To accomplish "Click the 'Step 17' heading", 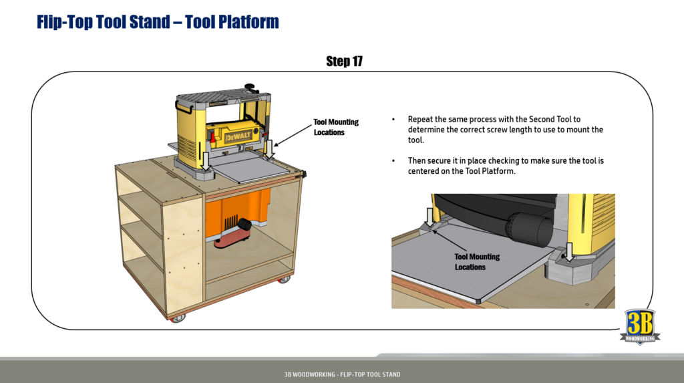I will pyautogui.click(x=344, y=61).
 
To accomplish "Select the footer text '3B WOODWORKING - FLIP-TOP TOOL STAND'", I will pyautogui.click(x=342, y=374).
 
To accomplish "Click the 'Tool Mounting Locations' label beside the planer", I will pyautogui.click(x=335, y=127).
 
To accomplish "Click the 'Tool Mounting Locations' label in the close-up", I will pyautogui.click(x=476, y=261).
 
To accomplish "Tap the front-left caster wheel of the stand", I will pyautogui.click(x=177, y=318).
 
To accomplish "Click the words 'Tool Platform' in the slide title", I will pyautogui.click(x=232, y=21).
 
